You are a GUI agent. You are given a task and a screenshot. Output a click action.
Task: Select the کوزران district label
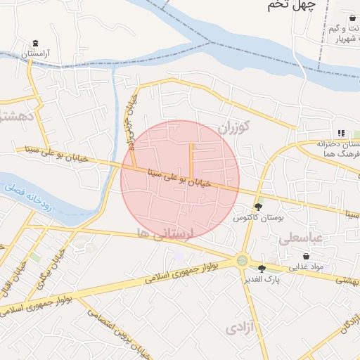[x=233, y=128]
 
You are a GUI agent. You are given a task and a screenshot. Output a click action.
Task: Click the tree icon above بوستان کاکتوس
[x=259, y=207]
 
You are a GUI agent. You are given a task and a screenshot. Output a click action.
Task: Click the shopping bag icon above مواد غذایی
[x=306, y=257]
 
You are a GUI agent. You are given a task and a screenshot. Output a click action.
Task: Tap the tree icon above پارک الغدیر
[x=262, y=268]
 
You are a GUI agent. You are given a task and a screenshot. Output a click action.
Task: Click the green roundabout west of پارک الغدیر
[x=243, y=261]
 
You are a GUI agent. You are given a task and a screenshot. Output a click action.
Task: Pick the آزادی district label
[x=243, y=327]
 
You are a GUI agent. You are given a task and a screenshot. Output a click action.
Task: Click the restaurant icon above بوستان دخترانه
[x=341, y=133]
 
